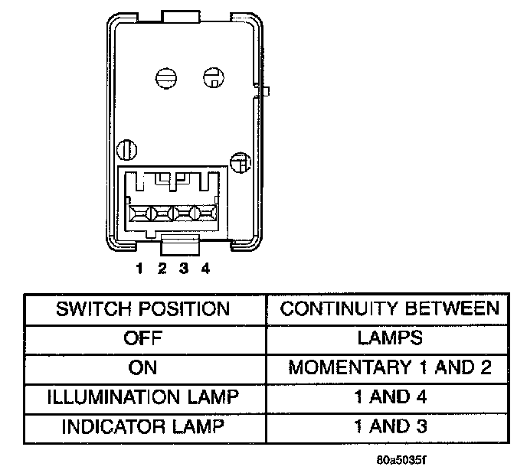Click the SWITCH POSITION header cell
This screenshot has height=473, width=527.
[143, 308]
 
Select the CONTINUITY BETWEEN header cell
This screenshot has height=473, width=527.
[389, 308]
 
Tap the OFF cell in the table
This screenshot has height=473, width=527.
[143, 338]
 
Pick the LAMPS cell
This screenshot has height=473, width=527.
[389, 338]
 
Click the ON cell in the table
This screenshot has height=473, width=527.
[143, 367]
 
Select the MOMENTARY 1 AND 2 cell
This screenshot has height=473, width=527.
[389, 367]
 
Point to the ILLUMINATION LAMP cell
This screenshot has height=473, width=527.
[143, 396]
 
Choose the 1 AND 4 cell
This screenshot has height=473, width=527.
[389, 396]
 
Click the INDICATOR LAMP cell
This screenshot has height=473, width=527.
[143, 426]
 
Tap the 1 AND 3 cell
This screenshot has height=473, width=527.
[389, 426]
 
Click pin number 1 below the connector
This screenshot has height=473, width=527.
[140, 268]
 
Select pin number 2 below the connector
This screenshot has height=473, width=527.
[162, 268]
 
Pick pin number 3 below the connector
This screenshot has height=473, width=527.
[184, 268]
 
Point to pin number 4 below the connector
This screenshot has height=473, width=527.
[205, 268]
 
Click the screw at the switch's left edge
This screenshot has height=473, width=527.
[126, 148]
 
